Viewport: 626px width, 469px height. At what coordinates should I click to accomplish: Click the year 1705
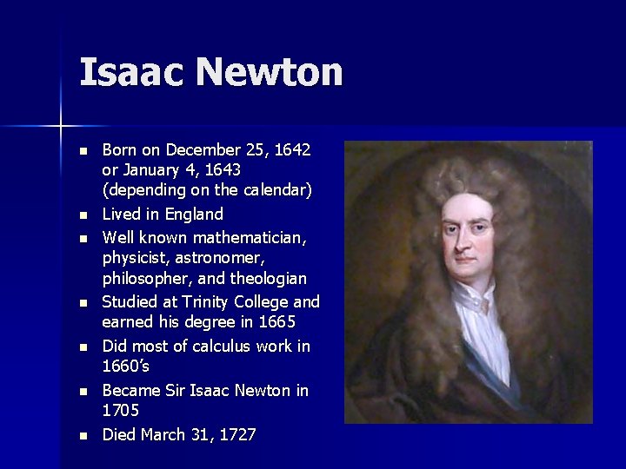(121, 411)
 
